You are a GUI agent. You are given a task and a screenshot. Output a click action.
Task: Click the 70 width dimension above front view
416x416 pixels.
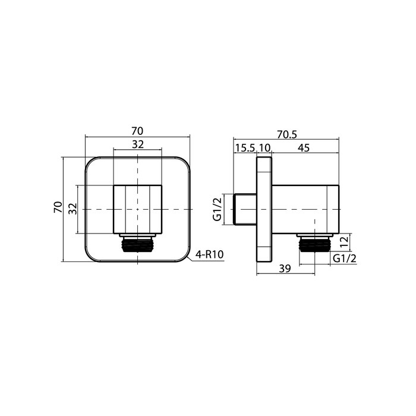tap(137, 131)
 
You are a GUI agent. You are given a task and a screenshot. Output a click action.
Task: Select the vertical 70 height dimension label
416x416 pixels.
tap(58, 207)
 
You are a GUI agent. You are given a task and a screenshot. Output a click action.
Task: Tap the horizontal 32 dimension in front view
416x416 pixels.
tap(138, 144)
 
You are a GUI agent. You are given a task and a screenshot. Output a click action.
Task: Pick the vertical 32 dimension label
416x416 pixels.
tap(72, 209)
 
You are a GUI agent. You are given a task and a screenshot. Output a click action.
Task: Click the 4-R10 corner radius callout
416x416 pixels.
tap(209, 254)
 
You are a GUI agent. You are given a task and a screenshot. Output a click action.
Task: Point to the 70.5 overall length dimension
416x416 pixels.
tap(287, 134)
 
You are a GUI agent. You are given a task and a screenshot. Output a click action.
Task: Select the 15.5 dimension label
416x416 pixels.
tap(245, 147)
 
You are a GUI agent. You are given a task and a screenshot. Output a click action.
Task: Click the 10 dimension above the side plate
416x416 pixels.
tap(264, 147)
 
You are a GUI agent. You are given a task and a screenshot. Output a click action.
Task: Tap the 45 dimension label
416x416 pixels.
tap(304, 147)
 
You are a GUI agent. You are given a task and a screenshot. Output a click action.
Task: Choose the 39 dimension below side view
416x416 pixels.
tap(285, 269)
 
